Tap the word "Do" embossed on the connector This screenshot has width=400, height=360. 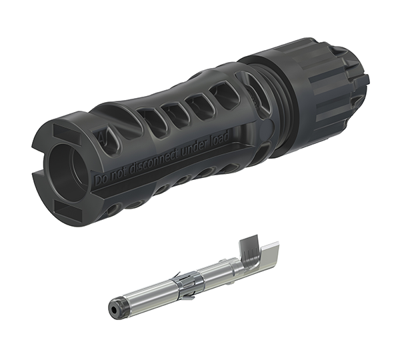click(x=100, y=179)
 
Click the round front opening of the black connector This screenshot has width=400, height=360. click(x=67, y=163)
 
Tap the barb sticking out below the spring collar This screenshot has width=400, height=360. click(x=187, y=296)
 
